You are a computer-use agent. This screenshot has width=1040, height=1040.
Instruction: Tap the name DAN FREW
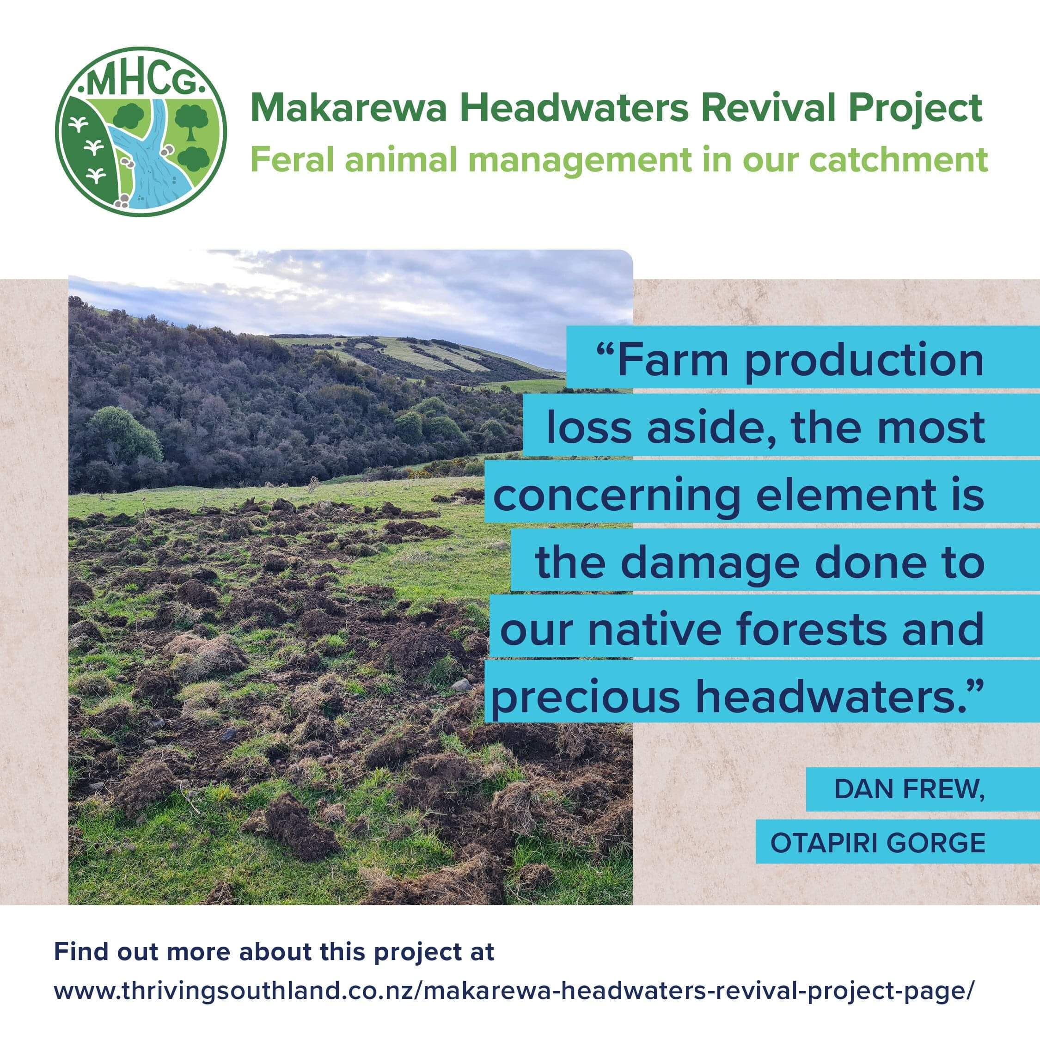909,789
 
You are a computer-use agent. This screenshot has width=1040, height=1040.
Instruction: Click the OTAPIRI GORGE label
877,843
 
